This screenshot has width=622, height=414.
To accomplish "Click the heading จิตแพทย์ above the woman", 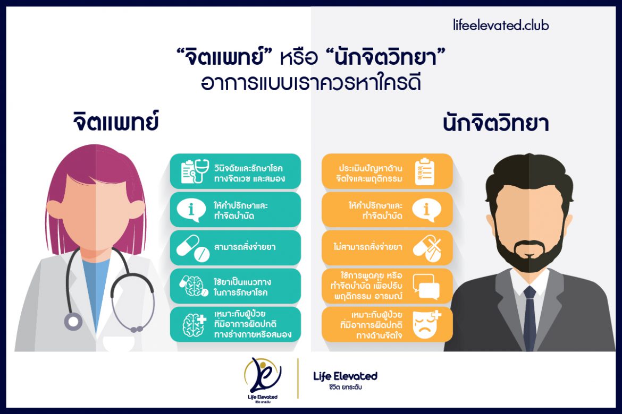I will point(116,122).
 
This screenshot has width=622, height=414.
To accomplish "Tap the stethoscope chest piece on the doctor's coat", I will point(73,321).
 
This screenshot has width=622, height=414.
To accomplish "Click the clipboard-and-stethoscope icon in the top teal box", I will point(193,171).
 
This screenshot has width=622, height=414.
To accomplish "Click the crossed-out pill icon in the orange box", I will point(425,248).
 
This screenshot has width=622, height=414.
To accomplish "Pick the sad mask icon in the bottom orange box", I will point(427,324).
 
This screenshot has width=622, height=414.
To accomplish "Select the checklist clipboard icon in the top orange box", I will point(425,171).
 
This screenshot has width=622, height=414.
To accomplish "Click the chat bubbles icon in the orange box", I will point(426,286).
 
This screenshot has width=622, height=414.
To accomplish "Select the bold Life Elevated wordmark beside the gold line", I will point(346,376).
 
